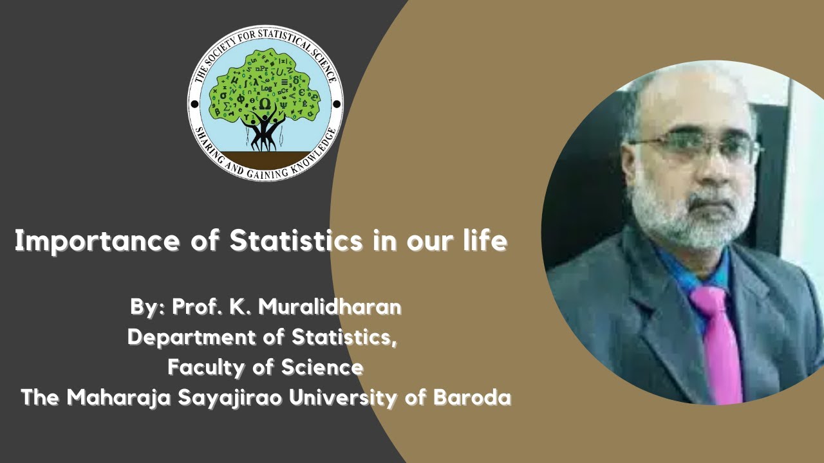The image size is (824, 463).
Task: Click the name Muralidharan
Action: [330, 307]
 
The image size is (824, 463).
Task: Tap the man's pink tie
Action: [716, 341]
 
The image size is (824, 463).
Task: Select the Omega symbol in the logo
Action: [265, 104]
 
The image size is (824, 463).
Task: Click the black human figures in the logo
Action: [264, 129]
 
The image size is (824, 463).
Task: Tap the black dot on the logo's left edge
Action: [192, 104]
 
